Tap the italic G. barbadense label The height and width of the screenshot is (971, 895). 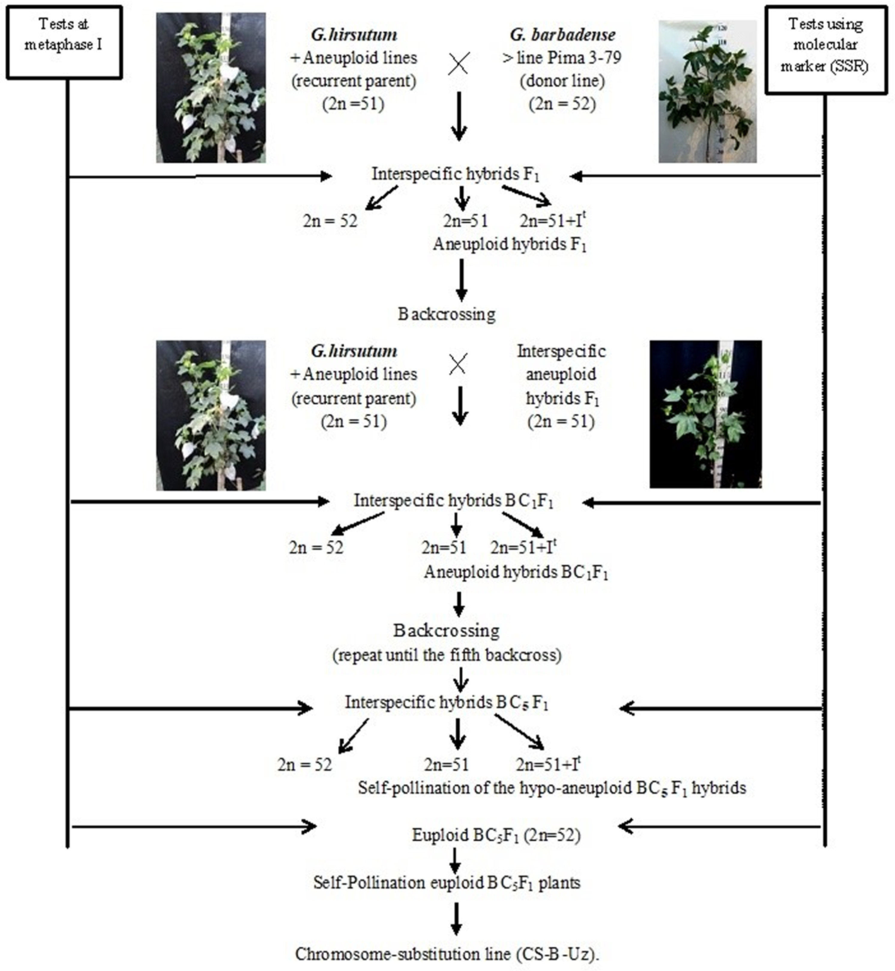562,35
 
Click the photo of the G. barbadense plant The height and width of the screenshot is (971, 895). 707,91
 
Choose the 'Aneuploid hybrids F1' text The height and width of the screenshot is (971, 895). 510,244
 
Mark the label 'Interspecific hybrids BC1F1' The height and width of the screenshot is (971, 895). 453,501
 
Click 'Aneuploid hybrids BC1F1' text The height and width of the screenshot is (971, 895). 516,573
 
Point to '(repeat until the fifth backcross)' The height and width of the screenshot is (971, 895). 447,656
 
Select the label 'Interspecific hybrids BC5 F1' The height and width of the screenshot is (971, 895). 447,702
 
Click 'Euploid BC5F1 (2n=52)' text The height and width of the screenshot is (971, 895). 496,835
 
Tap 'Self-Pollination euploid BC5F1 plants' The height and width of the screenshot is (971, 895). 447,882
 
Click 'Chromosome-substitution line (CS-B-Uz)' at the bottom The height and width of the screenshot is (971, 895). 447,954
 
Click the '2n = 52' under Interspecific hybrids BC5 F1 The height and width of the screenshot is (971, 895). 305,765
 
